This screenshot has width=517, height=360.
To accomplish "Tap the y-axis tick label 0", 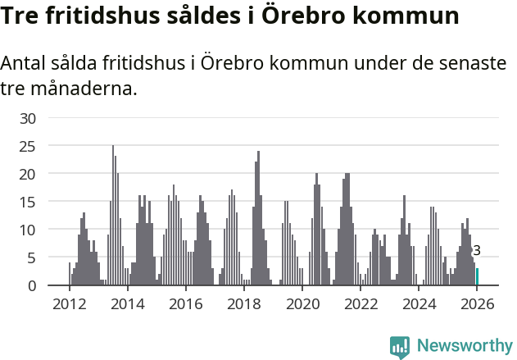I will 32,285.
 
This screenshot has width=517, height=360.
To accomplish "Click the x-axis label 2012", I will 69,304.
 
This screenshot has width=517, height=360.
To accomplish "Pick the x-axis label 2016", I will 185,304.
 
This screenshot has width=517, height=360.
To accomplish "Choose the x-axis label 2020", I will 302,304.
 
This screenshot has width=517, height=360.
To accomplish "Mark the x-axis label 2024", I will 419,304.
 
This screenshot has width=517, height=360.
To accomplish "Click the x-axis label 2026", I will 477,304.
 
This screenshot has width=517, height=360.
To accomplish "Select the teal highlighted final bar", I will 478,277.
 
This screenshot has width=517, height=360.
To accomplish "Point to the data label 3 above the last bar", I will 477,251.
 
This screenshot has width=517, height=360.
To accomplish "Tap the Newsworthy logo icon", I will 400,346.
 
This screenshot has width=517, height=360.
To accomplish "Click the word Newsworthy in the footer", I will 464,346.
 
